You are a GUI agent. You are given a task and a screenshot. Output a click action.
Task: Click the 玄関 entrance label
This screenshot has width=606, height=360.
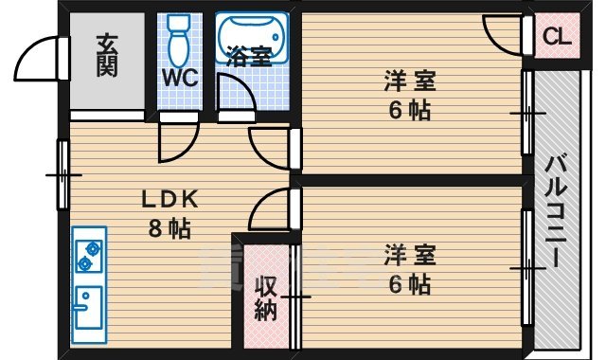(107, 57)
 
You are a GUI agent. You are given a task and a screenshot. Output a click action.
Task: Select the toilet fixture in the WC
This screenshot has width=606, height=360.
(178, 42)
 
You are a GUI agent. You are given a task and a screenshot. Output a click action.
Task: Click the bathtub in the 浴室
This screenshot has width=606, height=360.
(251, 35)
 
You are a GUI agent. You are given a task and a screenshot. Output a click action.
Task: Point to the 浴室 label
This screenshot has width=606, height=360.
(250, 57)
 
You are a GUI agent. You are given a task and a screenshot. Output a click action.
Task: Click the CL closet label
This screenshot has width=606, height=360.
(556, 38)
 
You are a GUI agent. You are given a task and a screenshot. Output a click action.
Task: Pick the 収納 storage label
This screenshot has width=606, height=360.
(266, 297)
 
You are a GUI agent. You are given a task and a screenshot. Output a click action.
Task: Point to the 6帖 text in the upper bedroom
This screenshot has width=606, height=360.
(409, 110)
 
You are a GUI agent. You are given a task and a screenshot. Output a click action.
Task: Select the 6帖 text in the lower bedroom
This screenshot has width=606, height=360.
(410, 283)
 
